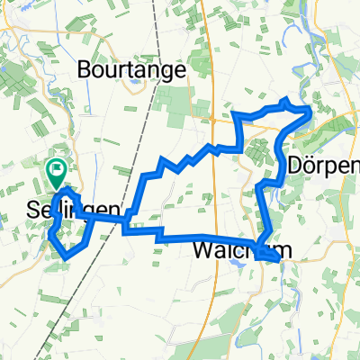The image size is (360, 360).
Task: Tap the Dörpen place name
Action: [x=326, y=166]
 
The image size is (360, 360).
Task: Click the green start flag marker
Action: [x=57, y=167]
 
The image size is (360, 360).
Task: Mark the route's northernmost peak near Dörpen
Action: [x=286, y=100]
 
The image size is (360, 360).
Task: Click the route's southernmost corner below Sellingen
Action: [x=67, y=257]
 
